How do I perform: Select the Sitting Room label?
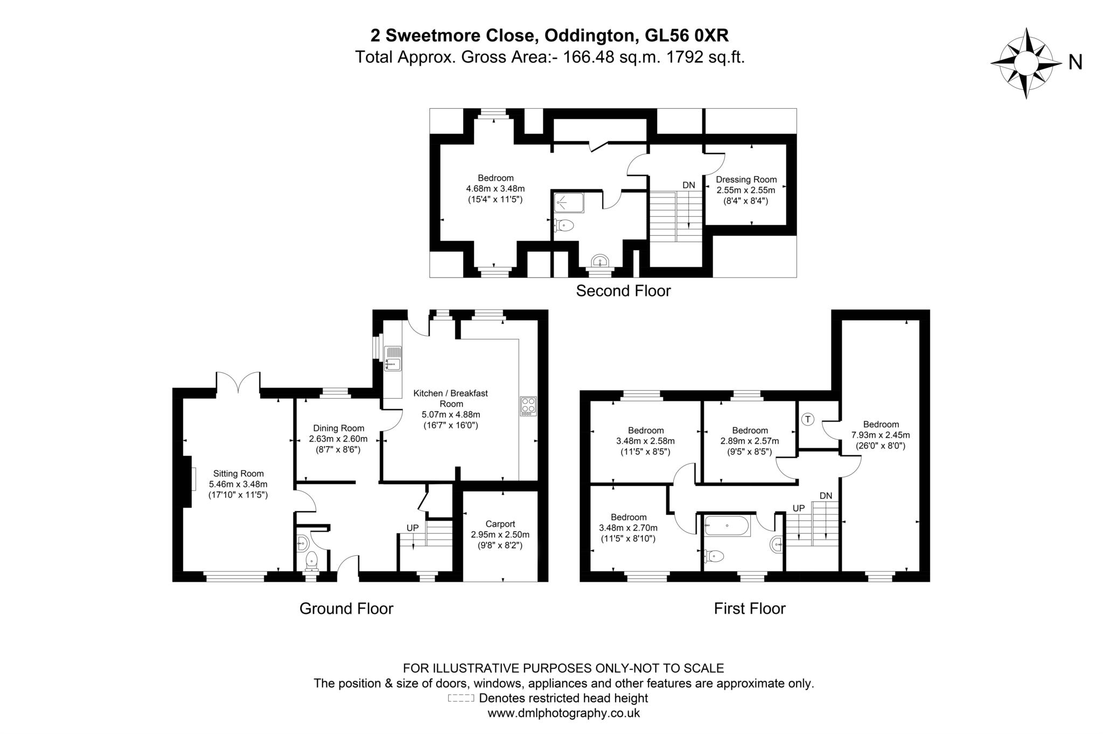tap(238, 474)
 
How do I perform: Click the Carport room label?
tap(500, 524)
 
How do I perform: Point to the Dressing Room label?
tap(746, 180)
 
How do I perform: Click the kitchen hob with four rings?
tap(528, 406)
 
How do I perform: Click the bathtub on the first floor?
tap(727, 526)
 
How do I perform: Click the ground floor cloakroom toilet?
tap(312, 561)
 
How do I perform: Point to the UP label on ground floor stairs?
tap(412, 528)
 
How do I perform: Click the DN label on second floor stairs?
tap(688, 185)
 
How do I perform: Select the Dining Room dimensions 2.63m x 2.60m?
tap(338, 439)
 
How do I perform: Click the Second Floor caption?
tap(623, 291)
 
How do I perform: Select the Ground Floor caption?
tap(346, 609)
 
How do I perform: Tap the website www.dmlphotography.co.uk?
tap(563, 714)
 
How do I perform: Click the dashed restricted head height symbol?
tap(460, 698)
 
